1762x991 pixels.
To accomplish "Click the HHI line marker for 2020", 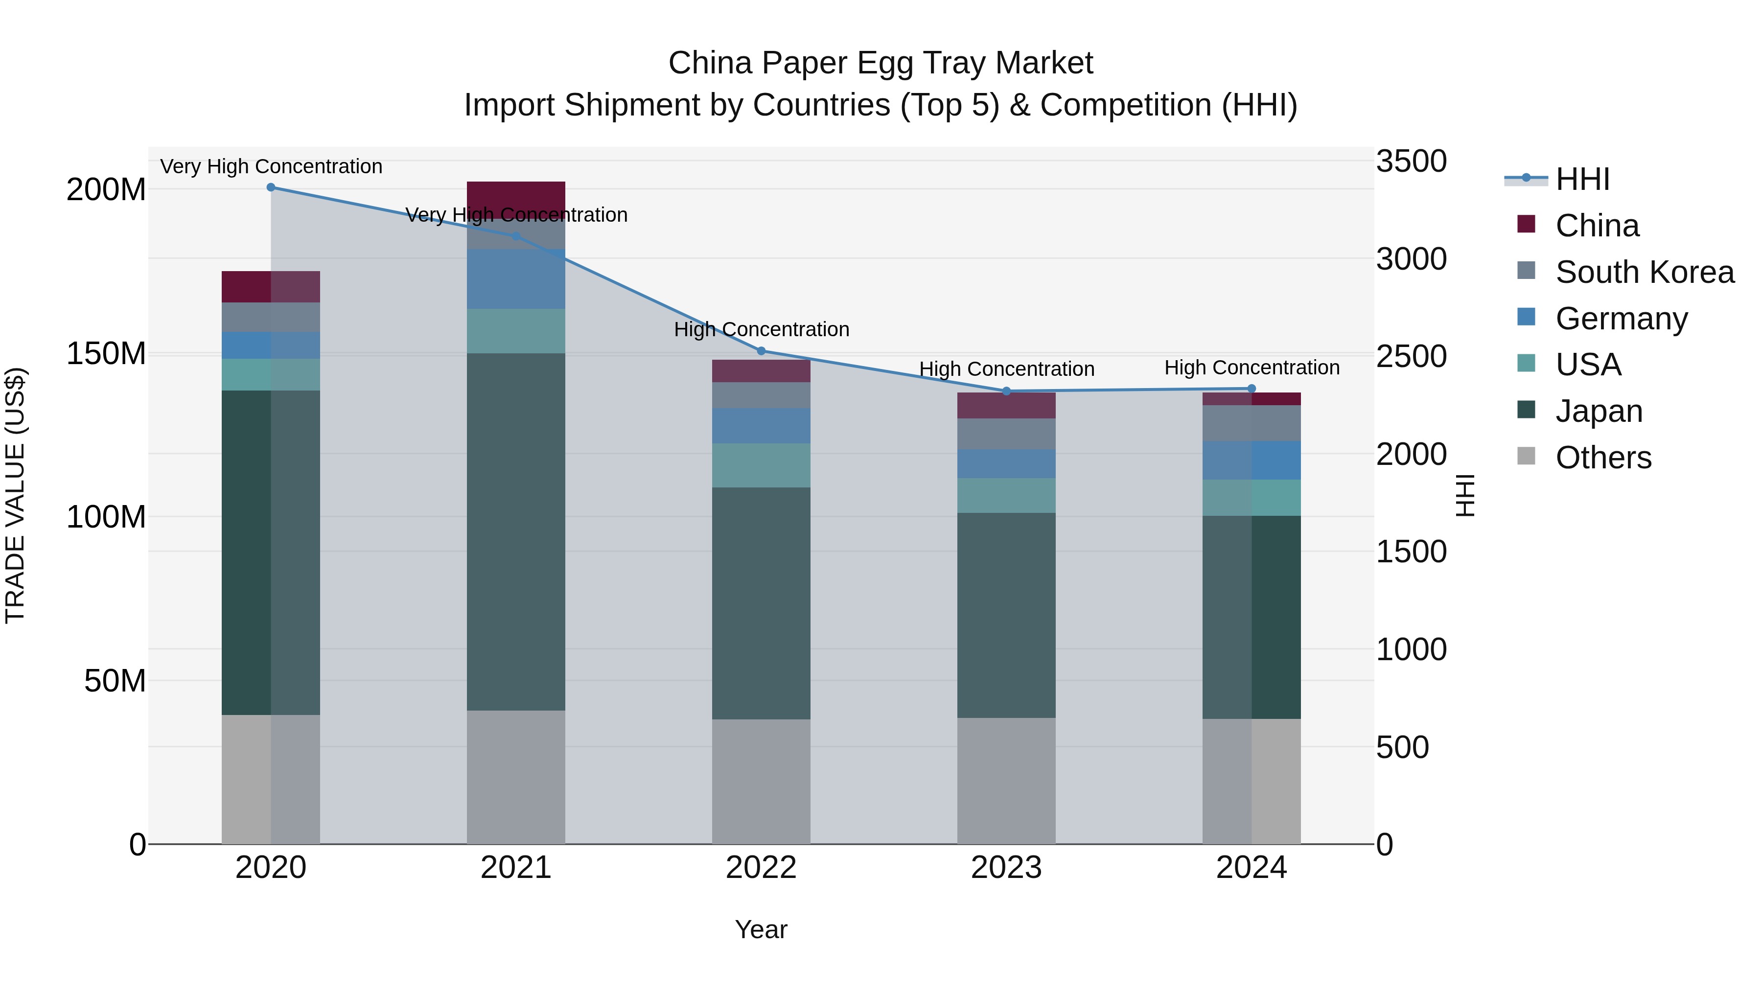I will (x=271, y=187).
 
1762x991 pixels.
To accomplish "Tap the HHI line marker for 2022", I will (x=761, y=351).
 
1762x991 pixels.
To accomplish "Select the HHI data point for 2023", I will (x=1006, y=391).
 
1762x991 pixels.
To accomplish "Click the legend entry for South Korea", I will (x=1645, y=272).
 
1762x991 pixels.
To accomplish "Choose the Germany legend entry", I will (x=1621, y=319).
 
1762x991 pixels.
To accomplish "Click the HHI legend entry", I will (x=1582, y=179).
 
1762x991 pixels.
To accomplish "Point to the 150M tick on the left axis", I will (x=106, y=354).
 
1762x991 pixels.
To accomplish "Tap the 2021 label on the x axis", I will (x=516, y=868).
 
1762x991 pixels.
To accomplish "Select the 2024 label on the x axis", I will (x=1251, y=868).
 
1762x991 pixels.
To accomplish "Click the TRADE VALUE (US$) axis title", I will (x=15, y=495).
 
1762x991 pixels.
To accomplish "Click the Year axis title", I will (x=761, y=929).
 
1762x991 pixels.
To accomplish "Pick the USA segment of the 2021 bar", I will (x=516, y=331).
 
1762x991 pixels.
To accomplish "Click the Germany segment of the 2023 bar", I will (x=1006, y=464).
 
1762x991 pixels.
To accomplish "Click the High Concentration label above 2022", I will (x=761, y=330).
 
